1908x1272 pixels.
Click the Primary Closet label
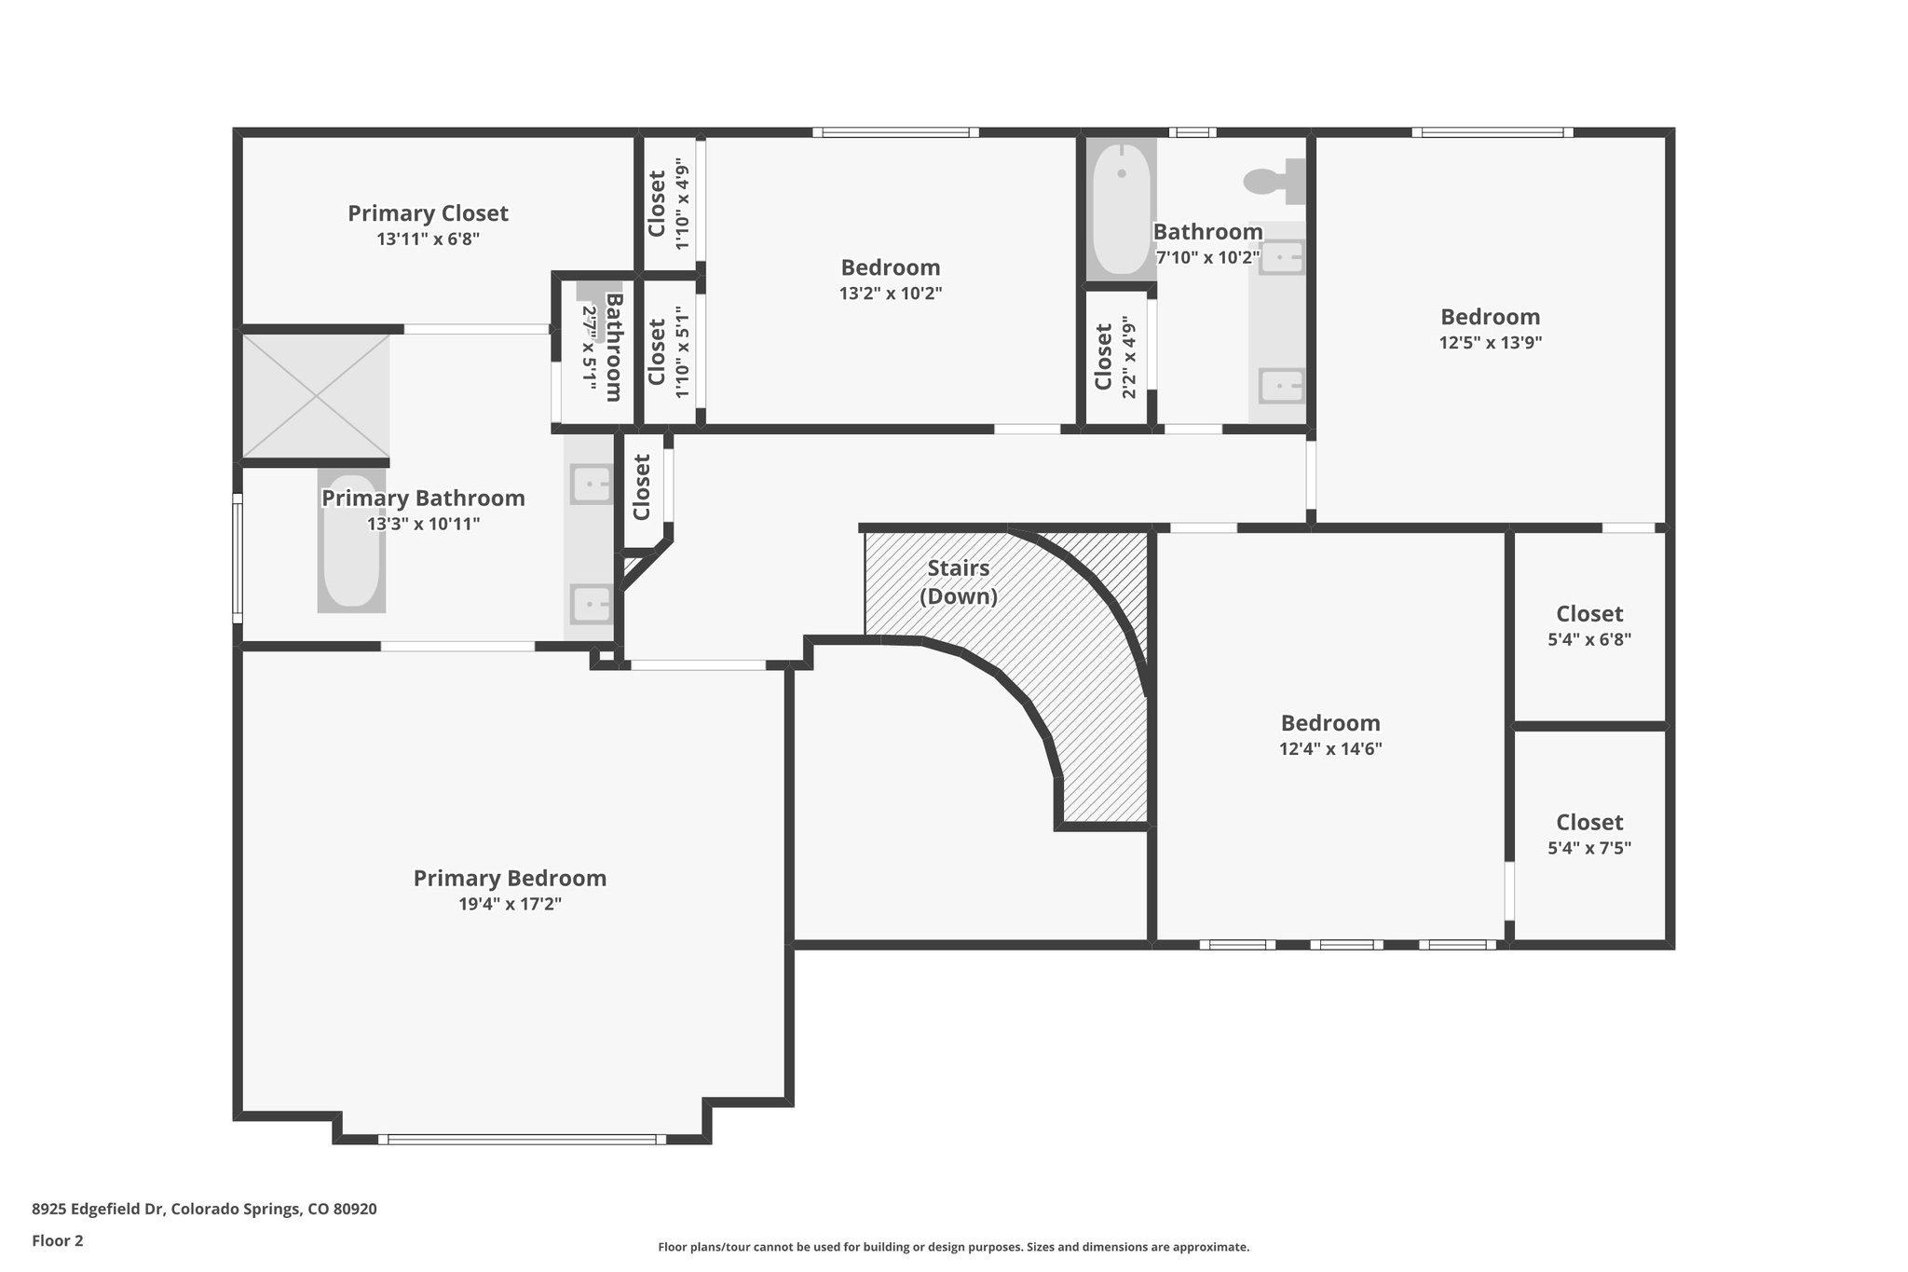click(428, 213)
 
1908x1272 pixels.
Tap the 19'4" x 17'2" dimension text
click(510, 904)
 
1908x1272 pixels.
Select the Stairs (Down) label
click(959, 581)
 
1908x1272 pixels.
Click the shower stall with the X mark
click(316, 396)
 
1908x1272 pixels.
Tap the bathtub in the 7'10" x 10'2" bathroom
click(1122, 209)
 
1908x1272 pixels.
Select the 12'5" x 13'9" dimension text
click(1491, 342)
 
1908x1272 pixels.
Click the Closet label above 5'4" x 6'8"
click(1589, 614)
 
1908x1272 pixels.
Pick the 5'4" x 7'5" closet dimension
click(1589, 848)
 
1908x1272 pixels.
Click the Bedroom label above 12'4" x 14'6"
click(1330, 723)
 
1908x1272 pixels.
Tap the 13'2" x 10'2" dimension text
click(891, 294)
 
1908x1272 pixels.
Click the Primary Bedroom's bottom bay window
click(523, 1139)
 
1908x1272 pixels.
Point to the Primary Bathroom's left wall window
click(238, 558)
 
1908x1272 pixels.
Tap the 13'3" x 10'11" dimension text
click(424, 524)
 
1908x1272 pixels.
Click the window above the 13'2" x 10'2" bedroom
click(895, 132)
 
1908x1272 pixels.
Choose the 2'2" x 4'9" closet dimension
click(1129, 357)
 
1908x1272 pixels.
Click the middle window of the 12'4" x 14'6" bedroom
click(1347, 944)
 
